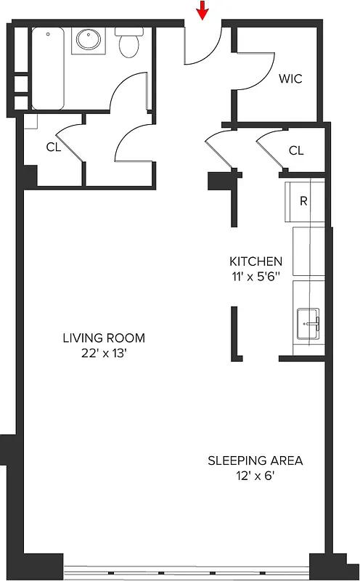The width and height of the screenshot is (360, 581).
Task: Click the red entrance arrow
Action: point(203,10)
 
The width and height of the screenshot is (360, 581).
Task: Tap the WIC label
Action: point(290,78)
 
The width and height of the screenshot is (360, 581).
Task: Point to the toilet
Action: point(129,44)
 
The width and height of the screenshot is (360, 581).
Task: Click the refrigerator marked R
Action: point(303,200)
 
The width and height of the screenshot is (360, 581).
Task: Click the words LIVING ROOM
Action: point(104,338)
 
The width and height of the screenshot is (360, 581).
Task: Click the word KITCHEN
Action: point(256,261)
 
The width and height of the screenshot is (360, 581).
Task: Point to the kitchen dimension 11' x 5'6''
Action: point(256,277)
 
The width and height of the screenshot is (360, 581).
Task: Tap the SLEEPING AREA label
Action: point(255,460)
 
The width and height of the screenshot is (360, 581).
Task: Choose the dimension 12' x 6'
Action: point(255,476)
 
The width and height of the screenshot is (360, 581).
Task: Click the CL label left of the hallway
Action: point(53,147)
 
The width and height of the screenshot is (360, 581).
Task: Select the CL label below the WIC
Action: point(295,150)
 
